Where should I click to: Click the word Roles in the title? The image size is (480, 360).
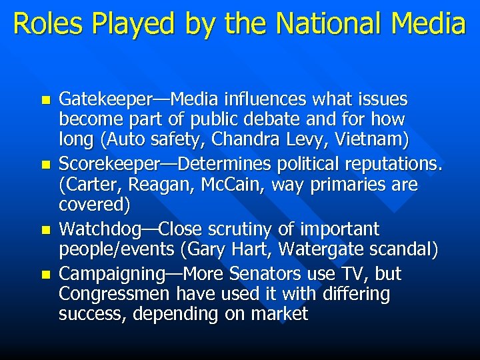[45, 23]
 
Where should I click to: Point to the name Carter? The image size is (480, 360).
[88, 184]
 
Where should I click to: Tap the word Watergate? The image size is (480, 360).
[325, 249]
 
